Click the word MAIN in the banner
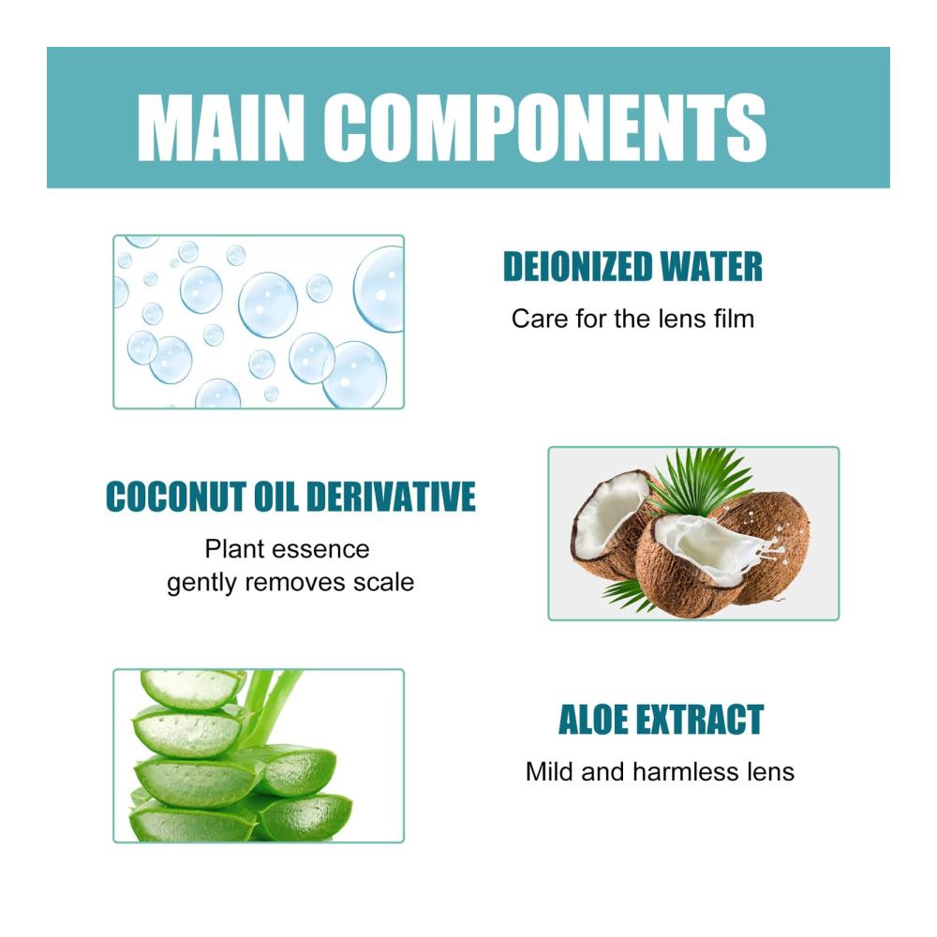pos(221,126)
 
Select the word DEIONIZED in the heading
pos(577,266)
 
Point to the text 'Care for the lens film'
pos(632,319)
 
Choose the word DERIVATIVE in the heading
pos(391,497)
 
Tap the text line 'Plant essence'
pos(287,549)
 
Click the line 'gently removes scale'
pos(290,583)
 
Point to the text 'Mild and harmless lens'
pos(660,771)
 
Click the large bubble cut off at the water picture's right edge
pos(380,290)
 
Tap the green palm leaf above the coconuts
pos(702,479)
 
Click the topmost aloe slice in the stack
pos(192,688)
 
